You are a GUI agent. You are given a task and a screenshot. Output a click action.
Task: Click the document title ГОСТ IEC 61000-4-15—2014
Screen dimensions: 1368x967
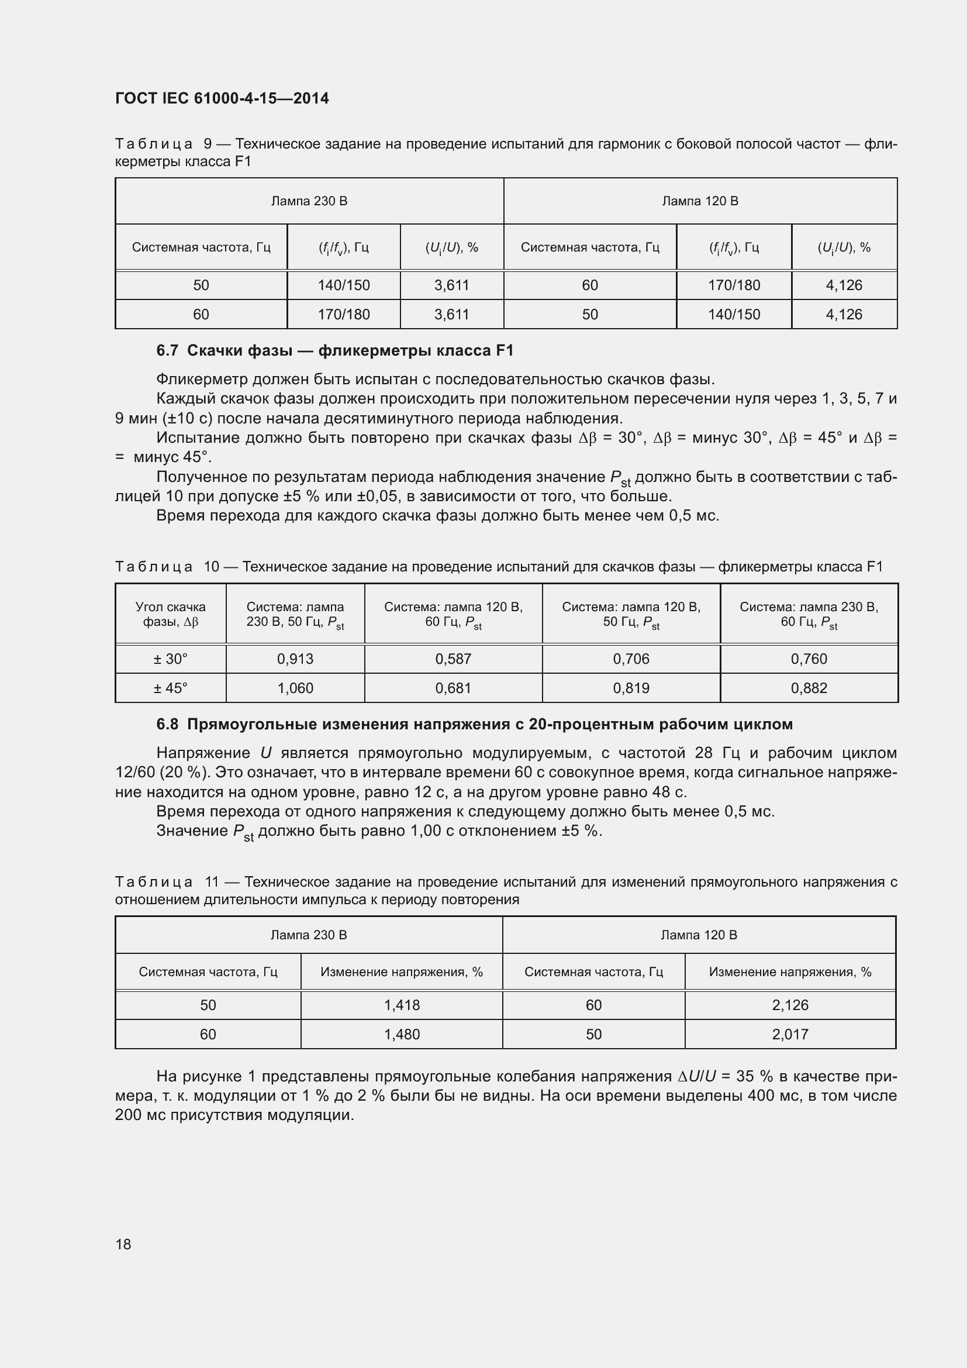pos(222,98)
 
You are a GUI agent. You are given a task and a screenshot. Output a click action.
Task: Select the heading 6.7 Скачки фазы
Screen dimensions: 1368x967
pos(334,350)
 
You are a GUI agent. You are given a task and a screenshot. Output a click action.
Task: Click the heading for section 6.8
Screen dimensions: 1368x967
pos(474,724)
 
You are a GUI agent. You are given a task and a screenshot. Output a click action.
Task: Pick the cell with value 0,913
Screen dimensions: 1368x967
pos(295,659)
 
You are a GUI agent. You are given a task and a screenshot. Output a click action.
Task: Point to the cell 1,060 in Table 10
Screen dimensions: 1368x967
pos(295,688)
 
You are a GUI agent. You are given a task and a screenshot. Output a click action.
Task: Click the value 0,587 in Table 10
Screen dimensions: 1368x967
pos(453,659)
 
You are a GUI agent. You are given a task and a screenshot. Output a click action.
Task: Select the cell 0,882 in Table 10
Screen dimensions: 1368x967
pos(809,688)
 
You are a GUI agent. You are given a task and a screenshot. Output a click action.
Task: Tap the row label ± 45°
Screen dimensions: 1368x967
pos(170,688)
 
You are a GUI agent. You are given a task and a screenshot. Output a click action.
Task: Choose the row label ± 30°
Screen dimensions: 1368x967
pos(170,659)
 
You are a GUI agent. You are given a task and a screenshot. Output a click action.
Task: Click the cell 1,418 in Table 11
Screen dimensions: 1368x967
pos(402,1005)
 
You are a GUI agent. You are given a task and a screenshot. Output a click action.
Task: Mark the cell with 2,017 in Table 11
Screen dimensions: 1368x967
pos(790,1035)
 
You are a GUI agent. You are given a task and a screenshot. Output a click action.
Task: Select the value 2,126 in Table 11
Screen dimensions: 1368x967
pos(790,1005)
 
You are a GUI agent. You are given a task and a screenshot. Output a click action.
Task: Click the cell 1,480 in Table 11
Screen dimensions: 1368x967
pos(402,1035)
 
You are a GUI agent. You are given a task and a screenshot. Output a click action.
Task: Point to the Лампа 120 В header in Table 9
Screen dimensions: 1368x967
pos(700,201)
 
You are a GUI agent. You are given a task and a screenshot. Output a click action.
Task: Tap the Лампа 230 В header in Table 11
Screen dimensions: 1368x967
pos(309,935)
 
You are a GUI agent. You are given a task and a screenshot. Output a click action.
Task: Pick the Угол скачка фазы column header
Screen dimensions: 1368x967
pos(170,614)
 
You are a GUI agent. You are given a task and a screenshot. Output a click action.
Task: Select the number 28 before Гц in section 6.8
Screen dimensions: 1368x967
pos(704,753)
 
